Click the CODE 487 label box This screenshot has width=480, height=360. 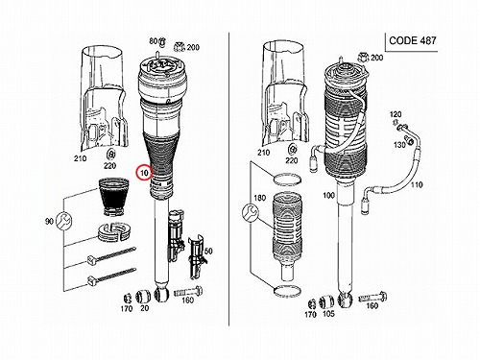pyautogui.click(x=411, y=41)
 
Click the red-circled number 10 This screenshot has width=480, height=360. pyautogui.click(x=144, y=173)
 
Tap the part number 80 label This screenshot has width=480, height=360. pyautogui.click(x=154, y=41)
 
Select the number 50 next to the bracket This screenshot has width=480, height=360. pyautogui.click(x=208, y=251)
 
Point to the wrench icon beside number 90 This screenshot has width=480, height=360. pyautogui.click(x=63, y=220)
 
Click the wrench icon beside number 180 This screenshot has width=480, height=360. pyautogui.click(x=251, y=213)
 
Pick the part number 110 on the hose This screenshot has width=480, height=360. pyautogui.click(x=417, y=184)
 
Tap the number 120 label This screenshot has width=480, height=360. pyautogui.click(x=396, y=114)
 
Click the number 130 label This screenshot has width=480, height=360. pyautogui.click(x=399, y=145)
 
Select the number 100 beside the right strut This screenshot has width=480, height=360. pyautogui.click(x=328, y=195)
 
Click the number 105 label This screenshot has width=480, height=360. pyautogui.click(x=328, y=314)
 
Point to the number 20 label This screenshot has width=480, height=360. pyautogui.click(x=145, y=308)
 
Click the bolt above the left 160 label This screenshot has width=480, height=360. pyautogui.click(x=188, y=292)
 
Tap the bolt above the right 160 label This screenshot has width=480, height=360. pyautogui.click(x=372, y=298)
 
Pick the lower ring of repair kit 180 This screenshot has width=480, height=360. pyautogui.click(x=287, y=290)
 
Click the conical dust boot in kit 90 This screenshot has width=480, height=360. pyautogui.click(x=113, y=197)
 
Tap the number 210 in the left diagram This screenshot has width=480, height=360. pyautogui.click(x=81, y=158)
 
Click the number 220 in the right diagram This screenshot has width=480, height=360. pyautogui.click(x=291, y=160)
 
